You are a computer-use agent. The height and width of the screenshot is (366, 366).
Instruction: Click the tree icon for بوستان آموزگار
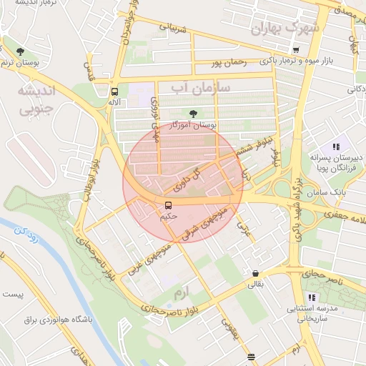[192, 113]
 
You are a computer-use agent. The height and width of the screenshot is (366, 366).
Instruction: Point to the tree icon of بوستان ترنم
[20, 51]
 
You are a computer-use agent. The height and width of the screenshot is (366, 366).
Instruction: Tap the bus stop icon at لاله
[114, 91]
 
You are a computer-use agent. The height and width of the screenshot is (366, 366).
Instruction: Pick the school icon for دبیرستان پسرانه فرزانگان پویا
[336, 147]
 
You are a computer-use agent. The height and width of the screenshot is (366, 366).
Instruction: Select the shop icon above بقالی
[255, 273]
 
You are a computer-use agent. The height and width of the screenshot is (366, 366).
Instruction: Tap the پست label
[13, 294]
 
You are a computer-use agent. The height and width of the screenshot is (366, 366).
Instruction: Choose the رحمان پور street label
[228, 62]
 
